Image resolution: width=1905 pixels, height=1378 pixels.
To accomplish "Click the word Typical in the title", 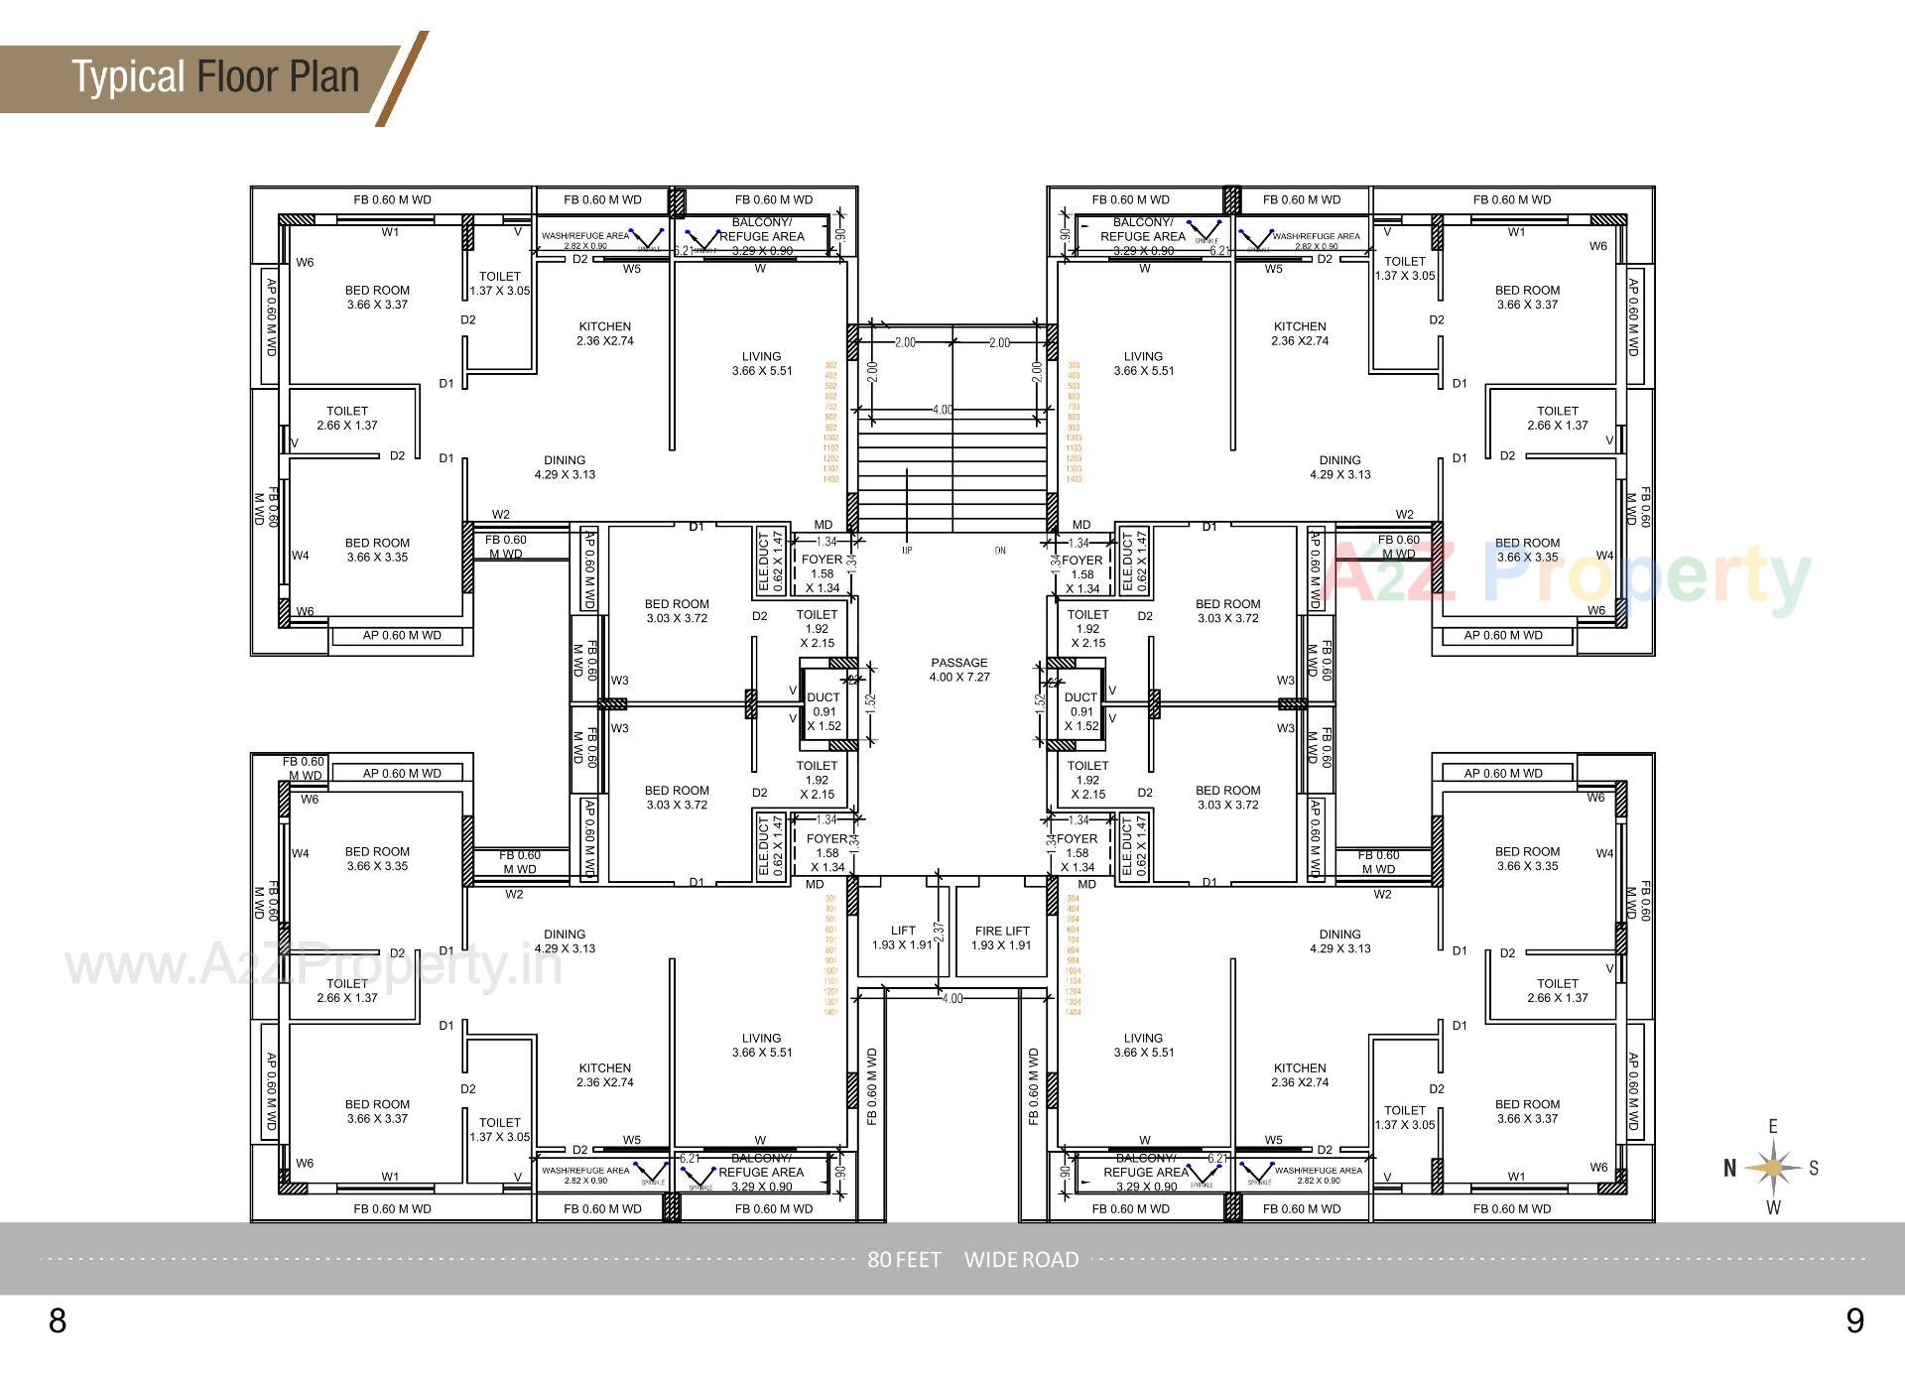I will [129, 77].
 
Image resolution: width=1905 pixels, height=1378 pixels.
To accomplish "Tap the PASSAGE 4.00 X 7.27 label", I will [959, 670].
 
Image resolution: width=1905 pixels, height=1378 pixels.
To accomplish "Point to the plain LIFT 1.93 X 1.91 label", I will [903, 938].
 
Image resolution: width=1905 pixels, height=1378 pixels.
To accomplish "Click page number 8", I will [58, 1320].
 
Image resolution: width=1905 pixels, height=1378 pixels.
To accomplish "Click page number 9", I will [1854, 1320].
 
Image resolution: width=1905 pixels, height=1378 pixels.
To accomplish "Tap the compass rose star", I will [1773, 1168].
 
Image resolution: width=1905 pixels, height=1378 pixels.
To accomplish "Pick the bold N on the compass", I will [1729, 1169].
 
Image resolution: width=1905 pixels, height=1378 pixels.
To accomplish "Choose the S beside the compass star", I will [1814, 1168].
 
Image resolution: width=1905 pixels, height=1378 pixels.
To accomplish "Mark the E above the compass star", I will [1773, 1126].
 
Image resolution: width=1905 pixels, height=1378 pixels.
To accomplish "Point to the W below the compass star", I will [1774, 1207].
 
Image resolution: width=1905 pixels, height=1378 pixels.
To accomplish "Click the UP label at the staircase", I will [906, 550].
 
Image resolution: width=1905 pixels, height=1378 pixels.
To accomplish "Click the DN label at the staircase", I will [1000, 550].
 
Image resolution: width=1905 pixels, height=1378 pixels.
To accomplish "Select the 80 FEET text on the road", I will [904, 1260].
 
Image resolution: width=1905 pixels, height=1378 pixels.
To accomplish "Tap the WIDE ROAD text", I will [1021, 1260].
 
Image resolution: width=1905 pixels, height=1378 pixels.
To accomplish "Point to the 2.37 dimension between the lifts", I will [939, 933].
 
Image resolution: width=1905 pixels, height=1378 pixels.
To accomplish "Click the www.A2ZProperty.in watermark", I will [314, 965].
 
